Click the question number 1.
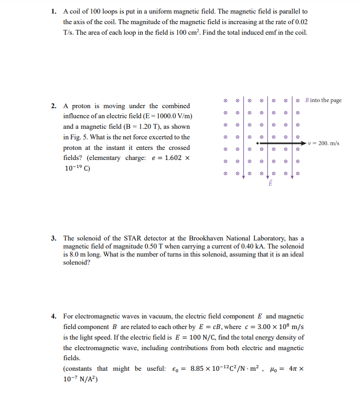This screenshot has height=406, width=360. [54, 11]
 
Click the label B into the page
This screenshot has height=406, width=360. [323, 100]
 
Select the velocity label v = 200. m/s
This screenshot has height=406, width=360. [324, 143]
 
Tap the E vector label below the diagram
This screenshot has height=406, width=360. [269, 184]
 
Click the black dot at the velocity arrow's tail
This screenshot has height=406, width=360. [258, 143]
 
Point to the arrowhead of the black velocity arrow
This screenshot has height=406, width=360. [303, 143]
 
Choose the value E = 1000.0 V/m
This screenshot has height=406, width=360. [164, 116]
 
